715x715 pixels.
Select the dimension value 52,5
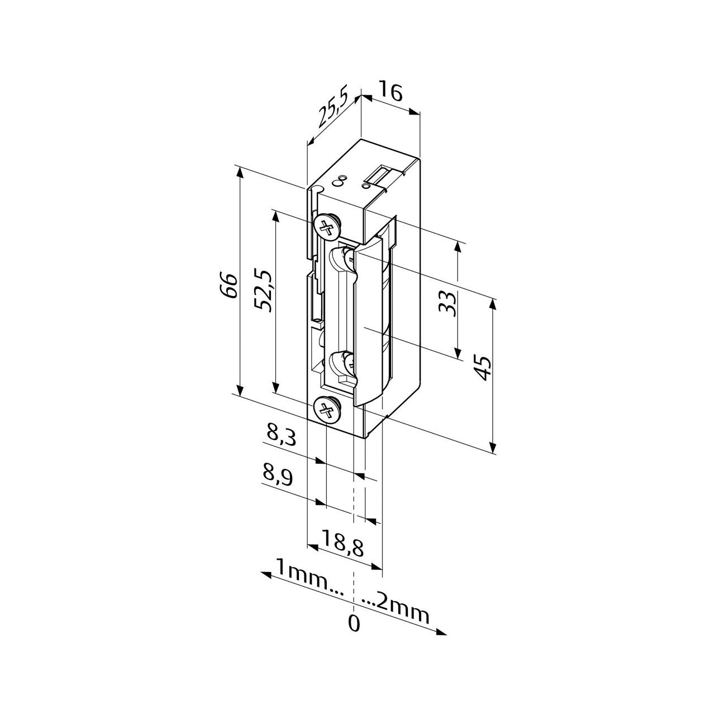coord(263,290)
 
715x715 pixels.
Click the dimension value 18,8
coord(342,543)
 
